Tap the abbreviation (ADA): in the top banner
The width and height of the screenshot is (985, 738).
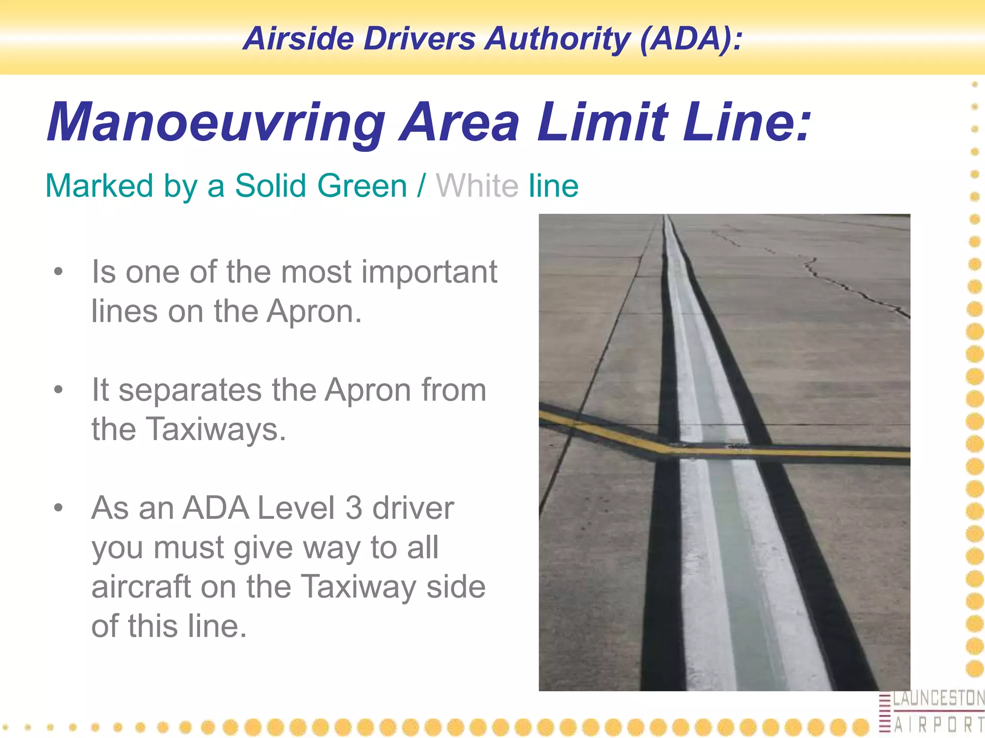click(691, 38)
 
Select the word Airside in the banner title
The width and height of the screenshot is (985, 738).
click(298, 38)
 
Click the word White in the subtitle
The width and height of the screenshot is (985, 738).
click(477, 186)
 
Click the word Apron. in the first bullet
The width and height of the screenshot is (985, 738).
click(314, 312)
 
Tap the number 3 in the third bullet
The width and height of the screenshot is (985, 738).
click(354, 508)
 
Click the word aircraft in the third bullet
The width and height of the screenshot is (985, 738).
click(142, 587)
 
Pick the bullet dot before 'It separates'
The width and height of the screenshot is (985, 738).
click(58, 390)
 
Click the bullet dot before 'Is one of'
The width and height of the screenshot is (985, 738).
click(58, 272)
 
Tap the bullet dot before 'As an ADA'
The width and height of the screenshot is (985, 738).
click(58, 507)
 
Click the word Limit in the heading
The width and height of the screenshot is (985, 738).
click(603, 123)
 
